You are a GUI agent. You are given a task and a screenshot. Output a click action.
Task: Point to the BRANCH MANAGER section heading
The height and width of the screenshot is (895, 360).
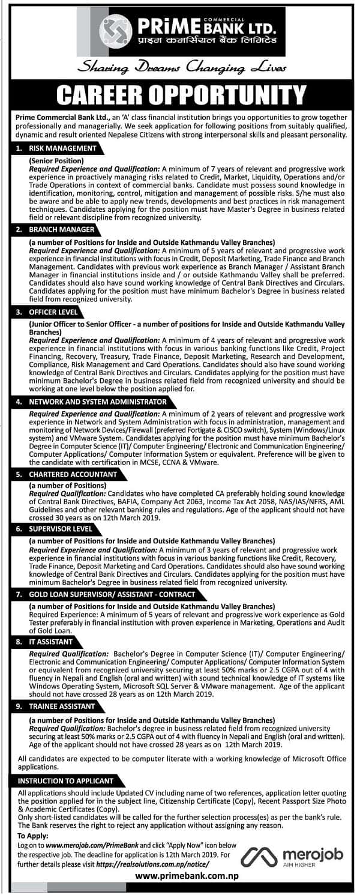55,229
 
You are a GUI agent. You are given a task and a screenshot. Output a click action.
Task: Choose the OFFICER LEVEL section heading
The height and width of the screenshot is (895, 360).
50,312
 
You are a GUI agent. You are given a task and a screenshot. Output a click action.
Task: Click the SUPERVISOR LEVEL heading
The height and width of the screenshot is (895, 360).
58,529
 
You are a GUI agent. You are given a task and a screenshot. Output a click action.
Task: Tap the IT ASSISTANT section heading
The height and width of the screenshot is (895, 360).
48,642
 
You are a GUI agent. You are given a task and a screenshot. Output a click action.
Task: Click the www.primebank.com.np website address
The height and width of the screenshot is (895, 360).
179,876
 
